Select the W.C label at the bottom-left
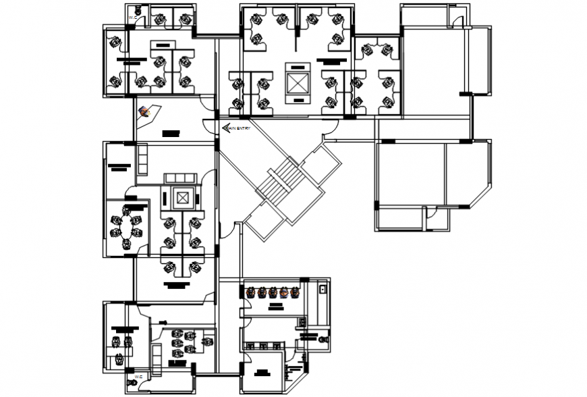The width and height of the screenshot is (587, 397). pos(137,376)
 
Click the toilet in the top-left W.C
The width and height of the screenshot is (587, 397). pos(137,9)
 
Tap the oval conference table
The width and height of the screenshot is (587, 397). pos(127,228)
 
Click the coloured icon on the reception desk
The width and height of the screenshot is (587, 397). pos(144,111)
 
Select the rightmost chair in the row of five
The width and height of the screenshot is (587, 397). pos(295,293)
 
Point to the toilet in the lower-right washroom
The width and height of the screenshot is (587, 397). pos(325,338)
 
